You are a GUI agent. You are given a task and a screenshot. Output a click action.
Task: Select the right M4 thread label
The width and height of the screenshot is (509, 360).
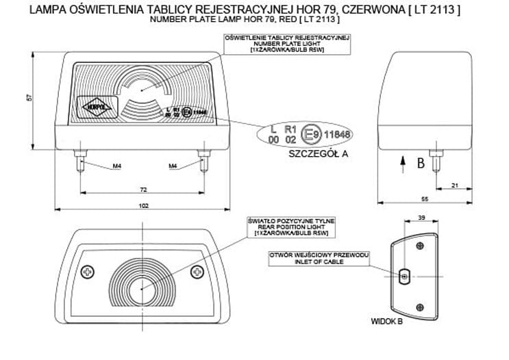point(173,166)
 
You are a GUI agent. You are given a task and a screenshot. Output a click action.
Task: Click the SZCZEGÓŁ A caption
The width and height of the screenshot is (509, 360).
point(319,154)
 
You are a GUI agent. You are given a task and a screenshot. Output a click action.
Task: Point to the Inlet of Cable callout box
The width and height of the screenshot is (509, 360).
point(320,258)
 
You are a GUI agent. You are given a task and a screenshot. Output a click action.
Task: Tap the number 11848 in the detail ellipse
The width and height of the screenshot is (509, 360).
point(337,134)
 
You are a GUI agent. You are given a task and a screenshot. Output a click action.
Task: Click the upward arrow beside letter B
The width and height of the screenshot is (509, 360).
point(401,162)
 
